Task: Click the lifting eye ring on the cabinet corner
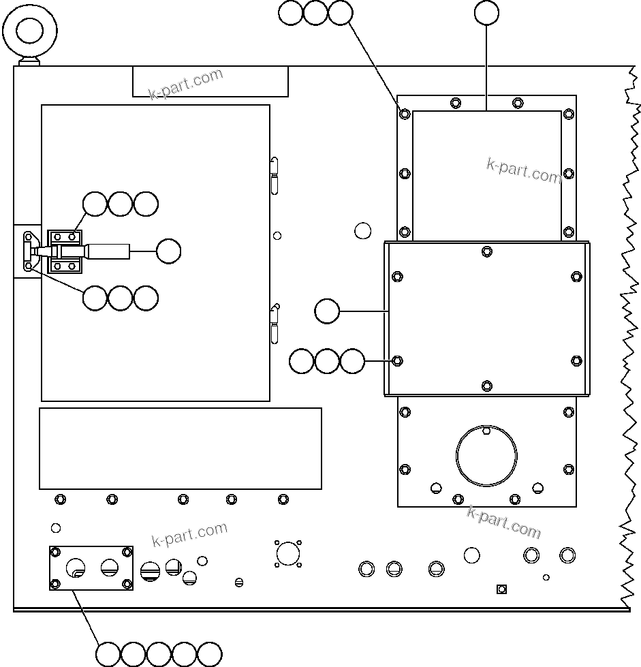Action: (30, 31)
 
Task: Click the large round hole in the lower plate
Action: (486, 454)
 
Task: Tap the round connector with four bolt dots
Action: (288, 553)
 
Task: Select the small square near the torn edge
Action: (501, 589)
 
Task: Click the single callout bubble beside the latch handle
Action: (168, 251)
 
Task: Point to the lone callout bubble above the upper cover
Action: (486, 12)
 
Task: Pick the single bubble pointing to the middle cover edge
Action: (327, 311)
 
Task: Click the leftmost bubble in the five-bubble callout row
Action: (108, 654)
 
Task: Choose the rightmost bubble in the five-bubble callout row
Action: (210, 654)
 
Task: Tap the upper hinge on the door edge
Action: (274, 174)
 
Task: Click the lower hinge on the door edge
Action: (275, 324)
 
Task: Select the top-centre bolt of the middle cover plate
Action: (486, 251)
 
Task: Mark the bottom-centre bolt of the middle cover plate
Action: (486, 386)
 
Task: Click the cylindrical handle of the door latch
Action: (109, 251)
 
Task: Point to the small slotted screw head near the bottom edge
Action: (238, 582)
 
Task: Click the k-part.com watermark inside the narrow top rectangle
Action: (186, 83)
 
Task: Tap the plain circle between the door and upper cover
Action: (363, 230)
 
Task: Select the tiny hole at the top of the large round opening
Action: (486, 431)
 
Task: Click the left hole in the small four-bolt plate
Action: (76, 567)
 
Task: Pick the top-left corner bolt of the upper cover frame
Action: (405, 114)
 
